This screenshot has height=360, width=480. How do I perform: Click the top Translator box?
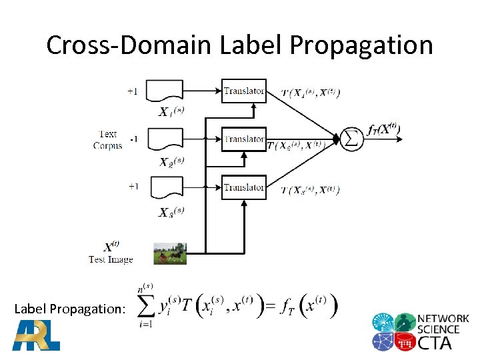pyautogui.click(x=243, y=91)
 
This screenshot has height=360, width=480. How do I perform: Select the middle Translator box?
pyautogui.click(x=243, y=139)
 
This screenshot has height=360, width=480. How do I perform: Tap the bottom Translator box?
pyautogui.click(x=243, y=187)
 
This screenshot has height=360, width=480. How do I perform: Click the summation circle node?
pyautogui.click(x=352, y=139)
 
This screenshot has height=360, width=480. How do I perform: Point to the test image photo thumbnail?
pyautogui.click(x=170, y=253)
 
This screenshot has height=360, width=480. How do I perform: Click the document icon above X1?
pyautogui.click(x=165, y=91)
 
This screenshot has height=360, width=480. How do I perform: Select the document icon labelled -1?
pyautogui.click(x=165, y=139)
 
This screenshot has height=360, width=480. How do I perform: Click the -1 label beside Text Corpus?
pyautogui.click(x=133, y=139)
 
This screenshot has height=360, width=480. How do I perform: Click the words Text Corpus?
pyautogui.click(x=107, y=139)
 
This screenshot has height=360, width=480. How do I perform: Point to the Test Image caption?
pyautogui.click(x=111, y=259)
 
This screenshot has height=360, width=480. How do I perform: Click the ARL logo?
pyautogui.click(x=36, y=335)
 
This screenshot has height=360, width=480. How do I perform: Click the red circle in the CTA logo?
pyautogui.click(x=405, y=342)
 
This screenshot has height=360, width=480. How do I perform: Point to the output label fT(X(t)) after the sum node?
pyautogui.click(x=384, y=130)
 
